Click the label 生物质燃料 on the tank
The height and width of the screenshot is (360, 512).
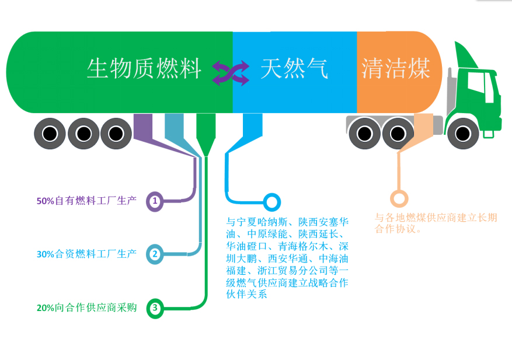[144, 69]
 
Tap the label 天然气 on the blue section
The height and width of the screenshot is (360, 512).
[294, 69]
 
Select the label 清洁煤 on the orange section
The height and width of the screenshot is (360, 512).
[395, 69]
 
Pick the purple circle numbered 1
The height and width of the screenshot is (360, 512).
[155, 201]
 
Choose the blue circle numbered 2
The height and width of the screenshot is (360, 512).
[155, 254]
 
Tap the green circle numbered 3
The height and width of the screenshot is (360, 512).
[155, 307]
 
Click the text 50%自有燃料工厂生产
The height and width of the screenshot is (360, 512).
[86, 201]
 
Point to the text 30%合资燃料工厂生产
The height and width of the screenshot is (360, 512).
[86, 254]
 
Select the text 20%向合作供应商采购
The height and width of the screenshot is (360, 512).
[86, 307]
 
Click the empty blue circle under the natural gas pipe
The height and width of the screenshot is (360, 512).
[271, 202]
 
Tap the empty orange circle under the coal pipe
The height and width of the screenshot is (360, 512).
[399, 198]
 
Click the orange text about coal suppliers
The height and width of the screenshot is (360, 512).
[436, 223]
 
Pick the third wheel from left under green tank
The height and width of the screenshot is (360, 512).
[116, 134]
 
